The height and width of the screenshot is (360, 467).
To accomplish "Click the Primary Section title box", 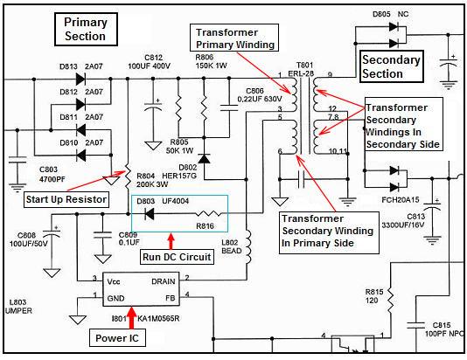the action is [x=86, y=29].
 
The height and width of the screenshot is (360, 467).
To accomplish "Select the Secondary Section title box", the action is [x=391, y=66].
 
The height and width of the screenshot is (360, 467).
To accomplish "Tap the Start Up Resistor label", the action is [x=66, y=199].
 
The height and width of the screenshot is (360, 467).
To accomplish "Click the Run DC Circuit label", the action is [x=177, y=257].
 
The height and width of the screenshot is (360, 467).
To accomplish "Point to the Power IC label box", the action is [x=117, y=338].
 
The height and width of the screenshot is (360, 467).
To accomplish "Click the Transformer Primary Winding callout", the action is [x=234, y=38].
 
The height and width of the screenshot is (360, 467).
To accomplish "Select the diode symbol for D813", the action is [x=80, y=79].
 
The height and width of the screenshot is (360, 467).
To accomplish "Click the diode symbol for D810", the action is [x=81, y=155].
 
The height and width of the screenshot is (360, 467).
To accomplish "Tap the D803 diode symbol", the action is [x=149, y=213].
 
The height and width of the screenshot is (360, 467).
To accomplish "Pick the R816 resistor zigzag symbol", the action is [x=208, y=213].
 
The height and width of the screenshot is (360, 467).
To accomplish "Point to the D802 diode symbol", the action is [x=204, y=159].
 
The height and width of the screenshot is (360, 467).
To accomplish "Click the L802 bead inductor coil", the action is [x=247, y=247].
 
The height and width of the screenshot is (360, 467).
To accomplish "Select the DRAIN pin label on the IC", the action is [x=164, y=281].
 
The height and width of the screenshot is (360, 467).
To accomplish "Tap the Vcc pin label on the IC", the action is [x=114, y=281].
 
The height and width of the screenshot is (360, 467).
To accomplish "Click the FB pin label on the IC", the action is [x=170, y=298].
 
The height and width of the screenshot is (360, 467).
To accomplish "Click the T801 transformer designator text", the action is [x=304, y=66].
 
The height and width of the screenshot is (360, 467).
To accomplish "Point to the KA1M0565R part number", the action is [x=158, y=319].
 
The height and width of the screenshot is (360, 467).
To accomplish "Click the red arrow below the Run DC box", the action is [x=171, y=241].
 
